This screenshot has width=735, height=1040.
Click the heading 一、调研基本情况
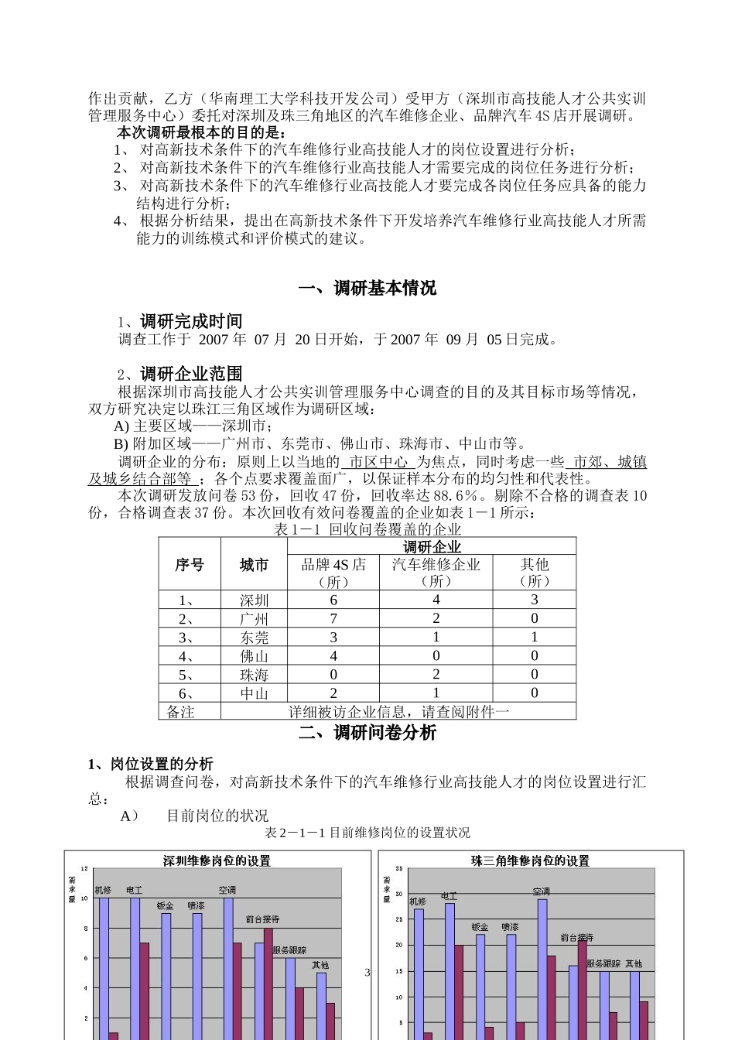tap(367, 288)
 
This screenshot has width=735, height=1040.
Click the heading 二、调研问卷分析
tap(367, 733)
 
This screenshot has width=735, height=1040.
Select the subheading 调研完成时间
tap(190, 321)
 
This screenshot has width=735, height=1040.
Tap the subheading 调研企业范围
tap(190, 374)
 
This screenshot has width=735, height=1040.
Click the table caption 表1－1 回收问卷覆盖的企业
tap(367, 529)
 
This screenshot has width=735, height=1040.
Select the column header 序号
tap(190, 564)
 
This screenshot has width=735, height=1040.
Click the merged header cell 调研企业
tap(432, 547)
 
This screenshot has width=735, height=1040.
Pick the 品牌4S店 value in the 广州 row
tap(333, 618)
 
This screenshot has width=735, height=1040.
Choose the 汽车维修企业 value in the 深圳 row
tap(436, 600)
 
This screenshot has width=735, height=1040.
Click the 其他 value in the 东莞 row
tap(534, 637)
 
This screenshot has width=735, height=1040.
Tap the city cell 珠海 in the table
tap(254, 675)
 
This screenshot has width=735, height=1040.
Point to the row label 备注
tap(181, 711)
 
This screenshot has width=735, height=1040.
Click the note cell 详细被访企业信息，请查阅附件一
tap(398, 711)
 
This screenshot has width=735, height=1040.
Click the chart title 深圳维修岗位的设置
tap(217, 860)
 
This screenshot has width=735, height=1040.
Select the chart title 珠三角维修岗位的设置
tap(530, 860)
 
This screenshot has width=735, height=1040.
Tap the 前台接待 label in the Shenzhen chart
tap(262, 919)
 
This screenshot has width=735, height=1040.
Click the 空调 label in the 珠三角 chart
tap(541, 892)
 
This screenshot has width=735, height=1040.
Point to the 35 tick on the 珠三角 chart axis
tap(399, 869)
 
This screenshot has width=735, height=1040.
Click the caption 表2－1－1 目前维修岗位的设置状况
tap(367, 833)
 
